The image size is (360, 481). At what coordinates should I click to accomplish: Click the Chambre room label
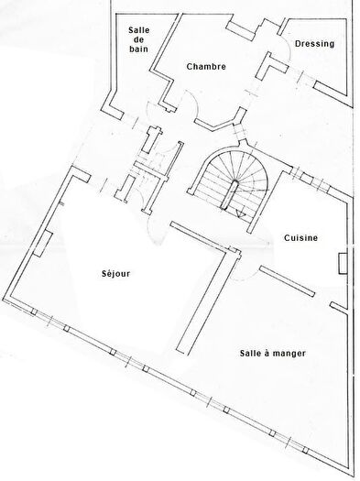point(205,67)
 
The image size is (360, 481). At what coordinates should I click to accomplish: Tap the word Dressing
point(314,43)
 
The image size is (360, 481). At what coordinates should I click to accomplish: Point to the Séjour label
point(119,273)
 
